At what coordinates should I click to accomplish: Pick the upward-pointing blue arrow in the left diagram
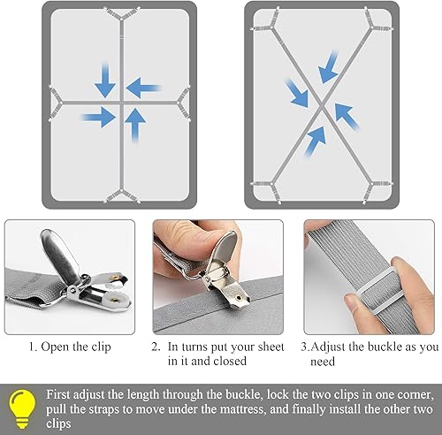point(135,125)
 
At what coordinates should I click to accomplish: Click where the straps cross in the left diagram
point(121,101)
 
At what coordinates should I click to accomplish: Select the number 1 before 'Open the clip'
point(32,347)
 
